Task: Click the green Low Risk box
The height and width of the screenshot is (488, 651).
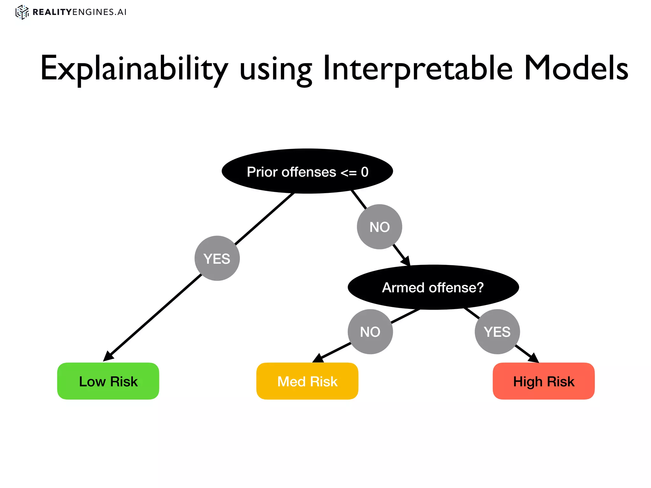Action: [108, 381]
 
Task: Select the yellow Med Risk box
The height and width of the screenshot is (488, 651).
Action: [307, 381]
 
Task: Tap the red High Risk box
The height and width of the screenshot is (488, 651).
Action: [544, 381]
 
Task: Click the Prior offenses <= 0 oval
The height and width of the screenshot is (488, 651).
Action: [307, 171]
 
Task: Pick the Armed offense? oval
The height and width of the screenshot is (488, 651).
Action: [433, 287]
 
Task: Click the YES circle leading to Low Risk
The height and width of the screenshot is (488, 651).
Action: [217, 258]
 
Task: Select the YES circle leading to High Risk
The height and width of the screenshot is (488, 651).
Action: [497, 332]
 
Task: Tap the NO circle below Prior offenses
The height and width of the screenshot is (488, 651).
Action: [380, 227]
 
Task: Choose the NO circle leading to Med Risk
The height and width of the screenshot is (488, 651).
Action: [370, 332]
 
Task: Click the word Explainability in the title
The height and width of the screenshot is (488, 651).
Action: [134, 69]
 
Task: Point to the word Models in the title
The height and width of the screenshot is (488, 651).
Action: [575, 68]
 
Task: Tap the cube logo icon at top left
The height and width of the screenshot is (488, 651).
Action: [22, 12]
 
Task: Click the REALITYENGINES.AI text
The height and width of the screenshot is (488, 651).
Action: [79, 12]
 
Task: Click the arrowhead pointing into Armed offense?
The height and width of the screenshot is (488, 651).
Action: [406, 261]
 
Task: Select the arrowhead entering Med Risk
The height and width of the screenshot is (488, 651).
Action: [318, 358]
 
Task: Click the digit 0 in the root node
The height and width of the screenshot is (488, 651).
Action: [365, 172]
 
